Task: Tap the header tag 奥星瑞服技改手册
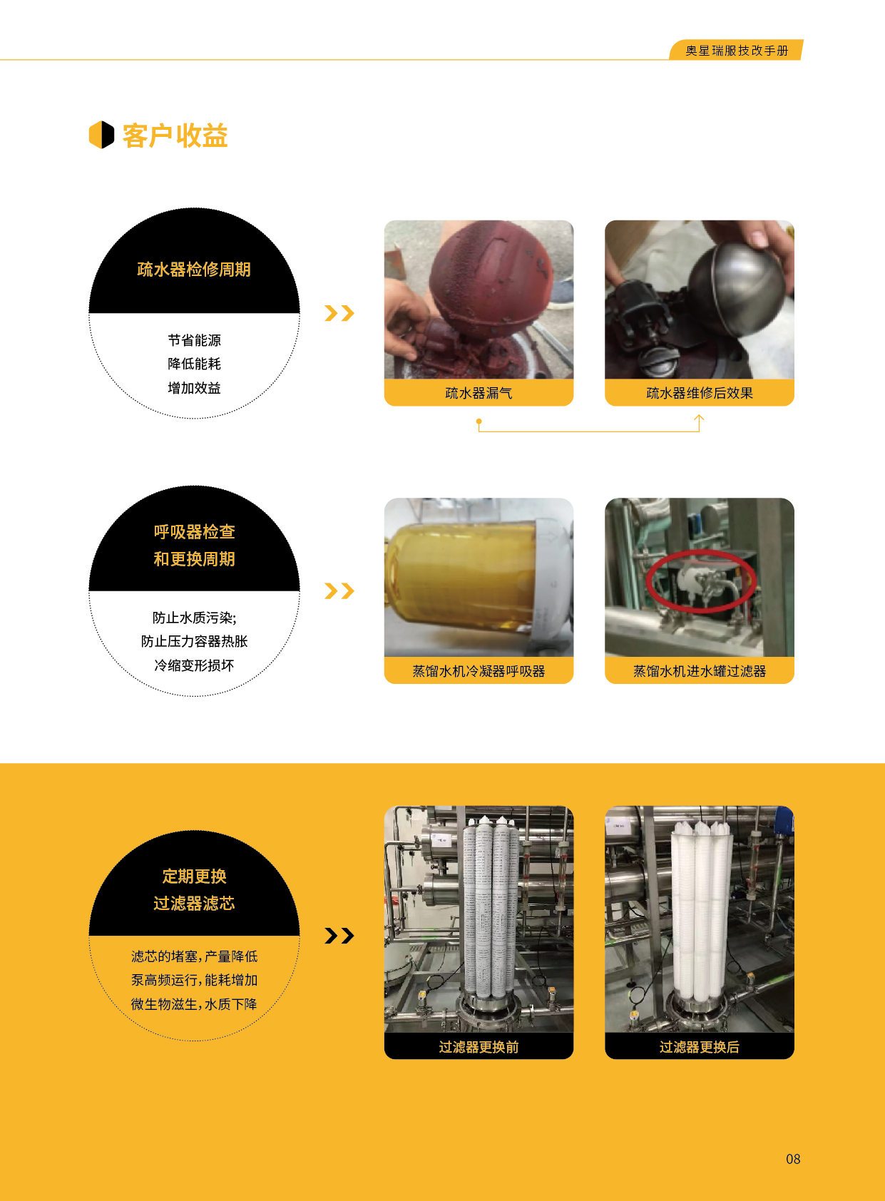(737, 51)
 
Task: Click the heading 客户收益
(175, 135)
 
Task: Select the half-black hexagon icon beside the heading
(101, 135)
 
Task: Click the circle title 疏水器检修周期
(194, 269)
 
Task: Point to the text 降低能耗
(194, 364)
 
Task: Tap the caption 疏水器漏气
(479, 393)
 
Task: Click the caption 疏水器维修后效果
(700, 393)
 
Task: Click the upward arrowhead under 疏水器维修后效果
(699, 418)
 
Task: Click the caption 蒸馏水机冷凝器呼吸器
(479, 670)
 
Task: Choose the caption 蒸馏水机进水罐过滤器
(700, 670)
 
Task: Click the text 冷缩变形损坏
(194, 665)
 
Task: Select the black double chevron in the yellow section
(339, 936)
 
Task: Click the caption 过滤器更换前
(479, 1047)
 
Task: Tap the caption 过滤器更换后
(700, 1047)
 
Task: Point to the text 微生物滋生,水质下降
(194, 1003)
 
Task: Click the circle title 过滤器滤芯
(194, 904)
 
